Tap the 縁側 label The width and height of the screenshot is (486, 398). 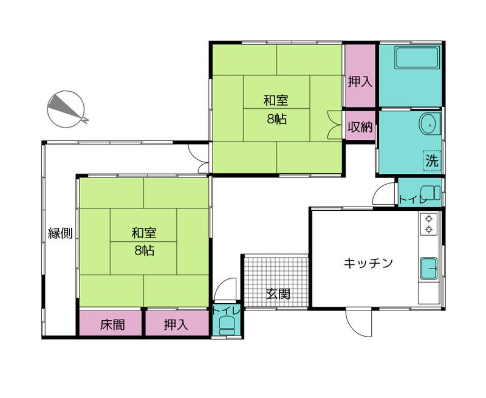(60, 233)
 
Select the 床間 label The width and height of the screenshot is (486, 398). (112, 324)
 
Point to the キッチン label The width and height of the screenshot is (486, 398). (369, 263)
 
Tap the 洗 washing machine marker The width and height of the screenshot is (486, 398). (431, 161)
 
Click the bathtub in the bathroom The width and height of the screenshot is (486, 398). (417, 59)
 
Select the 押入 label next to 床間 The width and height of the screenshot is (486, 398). (176, 324)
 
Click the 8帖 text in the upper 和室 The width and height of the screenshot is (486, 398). (276, 119)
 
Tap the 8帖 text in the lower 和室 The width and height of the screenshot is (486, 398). (145, 250)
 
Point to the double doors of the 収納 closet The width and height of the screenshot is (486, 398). (334, 126)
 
